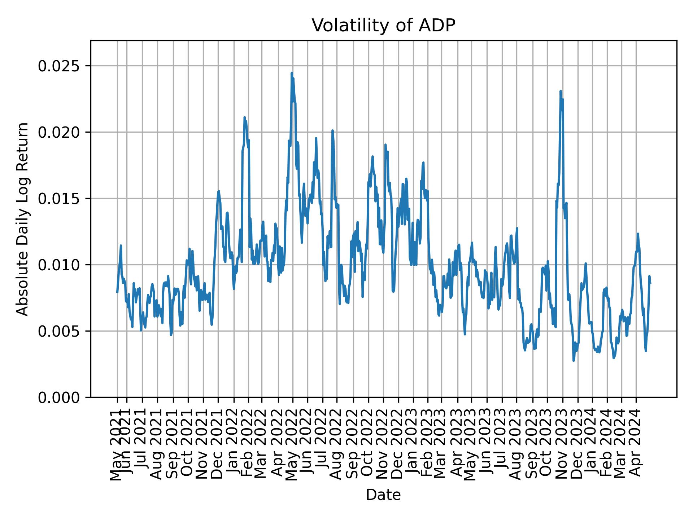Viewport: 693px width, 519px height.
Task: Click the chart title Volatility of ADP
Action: pyautogui.click(x=383, y=26)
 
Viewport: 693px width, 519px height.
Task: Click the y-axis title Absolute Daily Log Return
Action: pyautogui.click(x=23, y=219)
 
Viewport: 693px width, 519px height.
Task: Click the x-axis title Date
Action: pyautogui.click(x=383, y=495)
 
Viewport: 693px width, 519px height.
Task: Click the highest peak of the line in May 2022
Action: pyautogui.click(x=292, y=73)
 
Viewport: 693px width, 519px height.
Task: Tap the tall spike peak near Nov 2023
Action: pyautogui.click(x=561, y=91)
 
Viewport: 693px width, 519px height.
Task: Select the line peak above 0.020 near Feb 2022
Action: pyautogui.click(x=244, y=117)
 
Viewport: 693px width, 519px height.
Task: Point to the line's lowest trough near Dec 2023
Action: pyautogui.click(x=574, y=360)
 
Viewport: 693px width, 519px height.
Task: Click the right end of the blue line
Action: pyautogui.click(x=650, y=283)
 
